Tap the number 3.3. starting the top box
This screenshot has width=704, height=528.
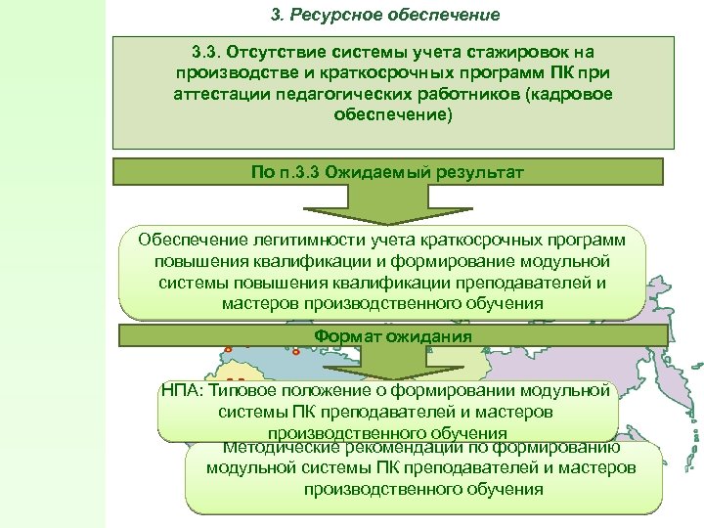[x=210, y=51]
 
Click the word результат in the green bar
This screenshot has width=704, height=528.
[x=479, y=172]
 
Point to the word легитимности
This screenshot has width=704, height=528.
[x=298, y=241]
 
